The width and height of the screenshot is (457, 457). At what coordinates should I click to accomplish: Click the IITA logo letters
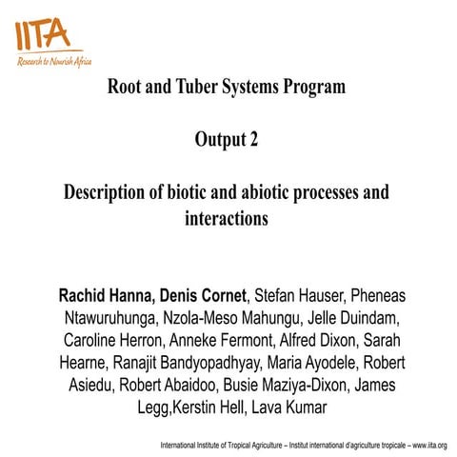point(42,33)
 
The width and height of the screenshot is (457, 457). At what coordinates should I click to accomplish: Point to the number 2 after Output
point(253,140)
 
